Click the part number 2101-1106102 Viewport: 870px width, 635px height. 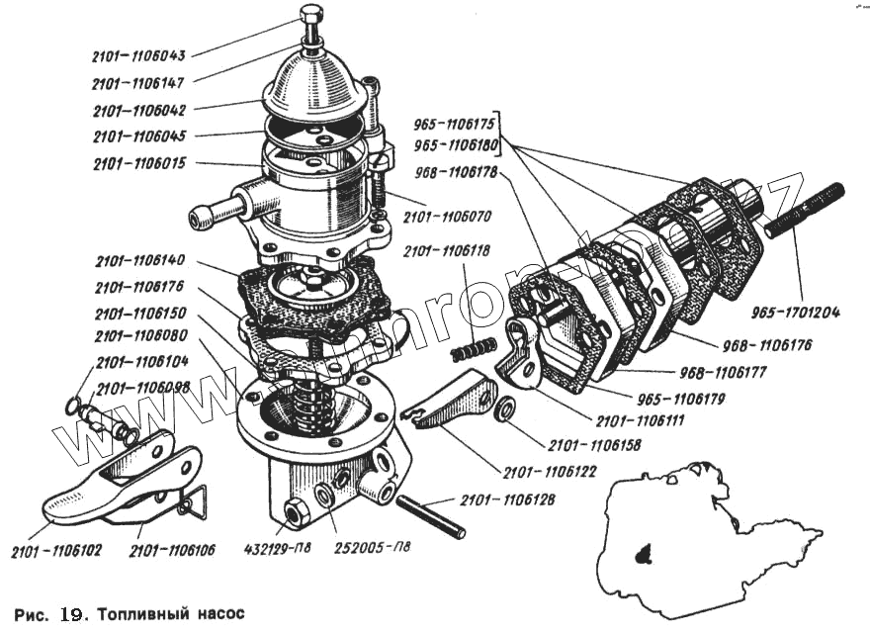[56, 550]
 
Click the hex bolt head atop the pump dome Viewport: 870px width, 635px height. [310, 17]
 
